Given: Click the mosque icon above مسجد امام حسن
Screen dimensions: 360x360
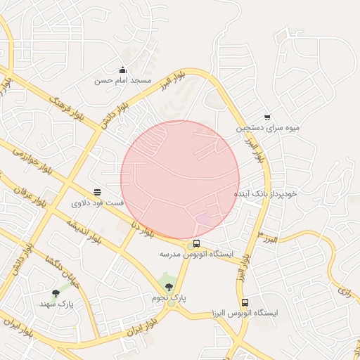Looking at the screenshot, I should (x=123, y=70).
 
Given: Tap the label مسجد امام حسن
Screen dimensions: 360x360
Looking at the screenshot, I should (x=123, y=81).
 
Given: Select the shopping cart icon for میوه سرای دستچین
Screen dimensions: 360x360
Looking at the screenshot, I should (x=267, y=117).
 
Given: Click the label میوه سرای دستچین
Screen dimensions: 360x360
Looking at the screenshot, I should (x=267, y=129).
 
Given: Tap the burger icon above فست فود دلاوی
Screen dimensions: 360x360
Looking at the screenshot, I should (x=97, y=191).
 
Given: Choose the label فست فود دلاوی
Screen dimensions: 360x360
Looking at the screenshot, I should (x=97, y=203).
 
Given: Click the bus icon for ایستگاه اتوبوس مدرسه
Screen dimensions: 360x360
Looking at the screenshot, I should (x=196, y=243).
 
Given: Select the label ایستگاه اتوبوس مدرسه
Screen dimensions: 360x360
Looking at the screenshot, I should (x=196, y=254).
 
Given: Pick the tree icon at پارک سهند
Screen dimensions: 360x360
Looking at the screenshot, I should (x=56, y=292).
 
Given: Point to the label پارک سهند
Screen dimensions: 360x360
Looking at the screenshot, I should (x=56, y=304).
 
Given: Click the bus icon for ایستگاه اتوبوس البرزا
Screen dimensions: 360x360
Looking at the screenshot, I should (x=244, y=302).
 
